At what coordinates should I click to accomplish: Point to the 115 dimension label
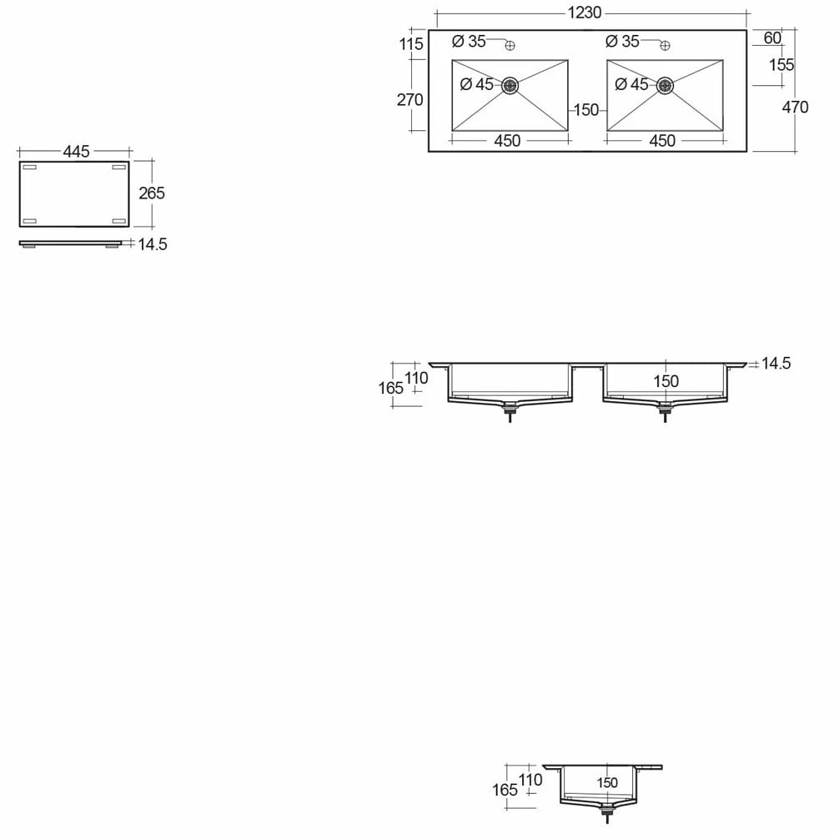point(411,44)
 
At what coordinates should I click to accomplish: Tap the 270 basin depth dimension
point(409,100)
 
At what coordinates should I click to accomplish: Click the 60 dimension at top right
point(771,38)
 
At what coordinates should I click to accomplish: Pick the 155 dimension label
point(781,65)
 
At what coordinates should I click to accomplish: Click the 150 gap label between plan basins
point(586,110)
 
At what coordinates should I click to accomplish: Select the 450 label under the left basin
point(507,141)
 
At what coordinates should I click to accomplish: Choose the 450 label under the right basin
point(661,141)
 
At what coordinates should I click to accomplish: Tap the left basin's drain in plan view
point(510,84)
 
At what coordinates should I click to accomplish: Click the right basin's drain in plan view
point(665,84)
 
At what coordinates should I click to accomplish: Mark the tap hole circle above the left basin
point(512,45)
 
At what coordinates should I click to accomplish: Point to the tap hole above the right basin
point(666,45)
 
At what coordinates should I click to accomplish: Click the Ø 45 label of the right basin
point(631,84)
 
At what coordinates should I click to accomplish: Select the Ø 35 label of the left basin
point(469,41)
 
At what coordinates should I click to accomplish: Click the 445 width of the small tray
point(75,152)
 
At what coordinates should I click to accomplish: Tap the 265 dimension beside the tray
point(152,193)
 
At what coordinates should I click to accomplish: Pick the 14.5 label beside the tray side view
point(153,244)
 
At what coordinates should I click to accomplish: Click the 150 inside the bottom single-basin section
point(607,783)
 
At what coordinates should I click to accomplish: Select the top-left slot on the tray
point(29,168)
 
